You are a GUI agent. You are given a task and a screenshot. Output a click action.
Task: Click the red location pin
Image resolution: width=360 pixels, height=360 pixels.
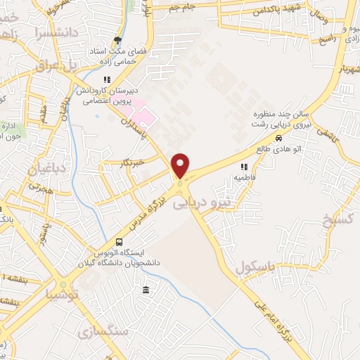pyautogui.click(x=181, y=165)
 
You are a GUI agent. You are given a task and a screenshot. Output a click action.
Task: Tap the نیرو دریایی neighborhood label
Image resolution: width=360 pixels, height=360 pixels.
pyautogui.click(x=201, y=203)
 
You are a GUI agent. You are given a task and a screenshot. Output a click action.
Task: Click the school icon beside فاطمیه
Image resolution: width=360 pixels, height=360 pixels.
pyautogui.click(x=245, y=167)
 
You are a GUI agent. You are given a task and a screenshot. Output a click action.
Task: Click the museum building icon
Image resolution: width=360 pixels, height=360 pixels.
pyautogui.click(x=146, y=290)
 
